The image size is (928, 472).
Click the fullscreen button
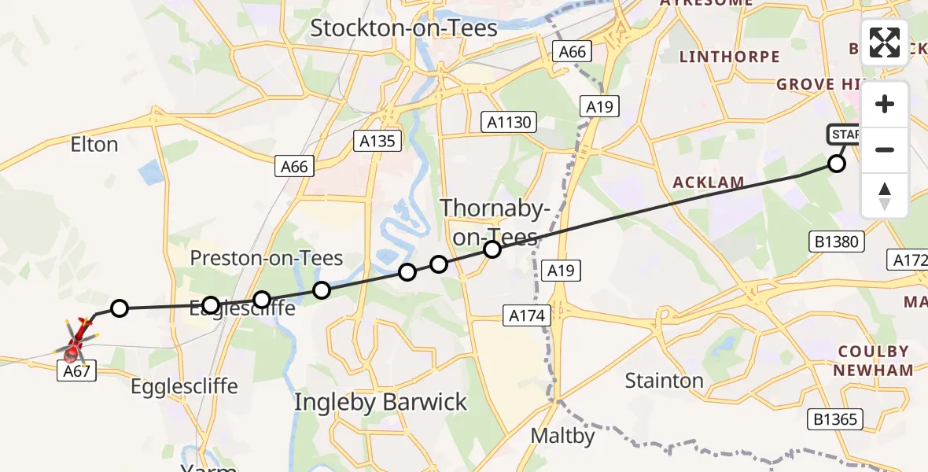[885, 42]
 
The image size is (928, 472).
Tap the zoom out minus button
[885, 149]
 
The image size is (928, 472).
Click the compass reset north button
[885, 195]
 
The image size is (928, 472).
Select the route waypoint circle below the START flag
[837, 164]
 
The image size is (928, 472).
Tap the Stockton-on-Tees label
[403, 28]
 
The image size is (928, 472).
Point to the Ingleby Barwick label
[381, 402]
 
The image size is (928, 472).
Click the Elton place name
[94, 145]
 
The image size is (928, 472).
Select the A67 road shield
[77, 371]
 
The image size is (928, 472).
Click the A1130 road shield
[510, 122]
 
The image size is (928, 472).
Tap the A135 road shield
[377, 141]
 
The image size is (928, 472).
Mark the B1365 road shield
[835, 419]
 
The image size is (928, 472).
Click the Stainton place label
[665, 381]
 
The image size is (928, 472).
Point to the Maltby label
[562, 435]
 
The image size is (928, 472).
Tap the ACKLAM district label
[709, 183]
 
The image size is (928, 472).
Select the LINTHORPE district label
[729, 57]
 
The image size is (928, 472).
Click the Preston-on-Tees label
[267, 258]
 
